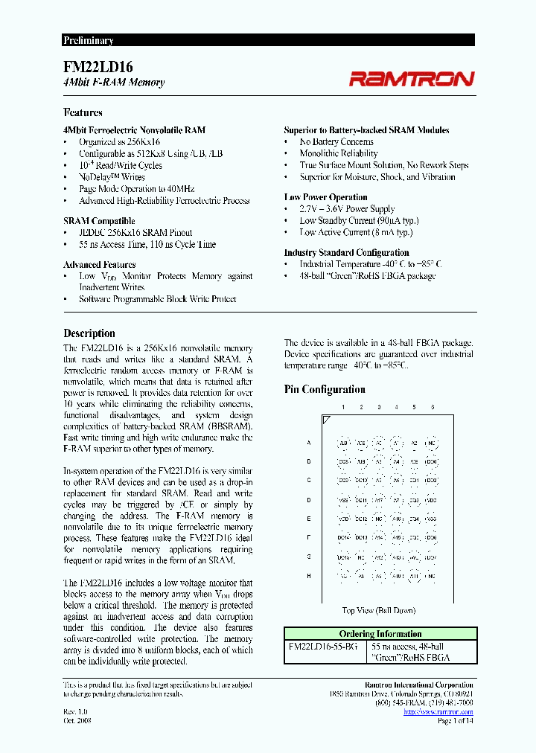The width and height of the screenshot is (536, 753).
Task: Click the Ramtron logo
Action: pyautogui.click(x=412, y=77)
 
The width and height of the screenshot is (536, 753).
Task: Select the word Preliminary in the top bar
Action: pyautogui.click(x=88, y=41)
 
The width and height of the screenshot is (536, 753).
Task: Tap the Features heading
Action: pyautogui.click(x=83, y=112)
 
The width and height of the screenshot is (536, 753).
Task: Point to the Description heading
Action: pyautogui.click(x=89, y=333)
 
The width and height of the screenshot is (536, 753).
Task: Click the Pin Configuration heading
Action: pyautogui.click(x=325, y=389)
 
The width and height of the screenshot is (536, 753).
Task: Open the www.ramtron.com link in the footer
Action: pyautogui.click(x=438, y=712)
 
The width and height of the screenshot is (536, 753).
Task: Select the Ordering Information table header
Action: pyautogui.click(x=379, y=634)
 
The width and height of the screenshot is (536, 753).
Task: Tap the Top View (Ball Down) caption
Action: pyautogui.click(x=379, y=610)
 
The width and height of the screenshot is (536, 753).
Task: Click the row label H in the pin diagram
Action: pyautogui.click(x=308, y=575)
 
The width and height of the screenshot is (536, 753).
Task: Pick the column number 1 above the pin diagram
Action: pyautogui.click(x=342, y=407)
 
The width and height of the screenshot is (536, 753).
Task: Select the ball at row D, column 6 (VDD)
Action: pyautogui.click(x=431, y=500)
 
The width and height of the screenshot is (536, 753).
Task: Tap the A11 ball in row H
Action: pyautogui.click(x=396, y=575)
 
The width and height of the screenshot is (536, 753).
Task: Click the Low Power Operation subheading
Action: pyautogui.click(x=325, y=197)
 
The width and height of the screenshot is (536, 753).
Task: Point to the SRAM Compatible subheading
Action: pyautogui.click(x=99, y=221)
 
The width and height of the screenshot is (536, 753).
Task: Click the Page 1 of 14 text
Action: pyautogui.click(x=454, y=720)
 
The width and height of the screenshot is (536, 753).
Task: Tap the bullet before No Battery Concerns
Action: pyautogui.click(x=287, y=142)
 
